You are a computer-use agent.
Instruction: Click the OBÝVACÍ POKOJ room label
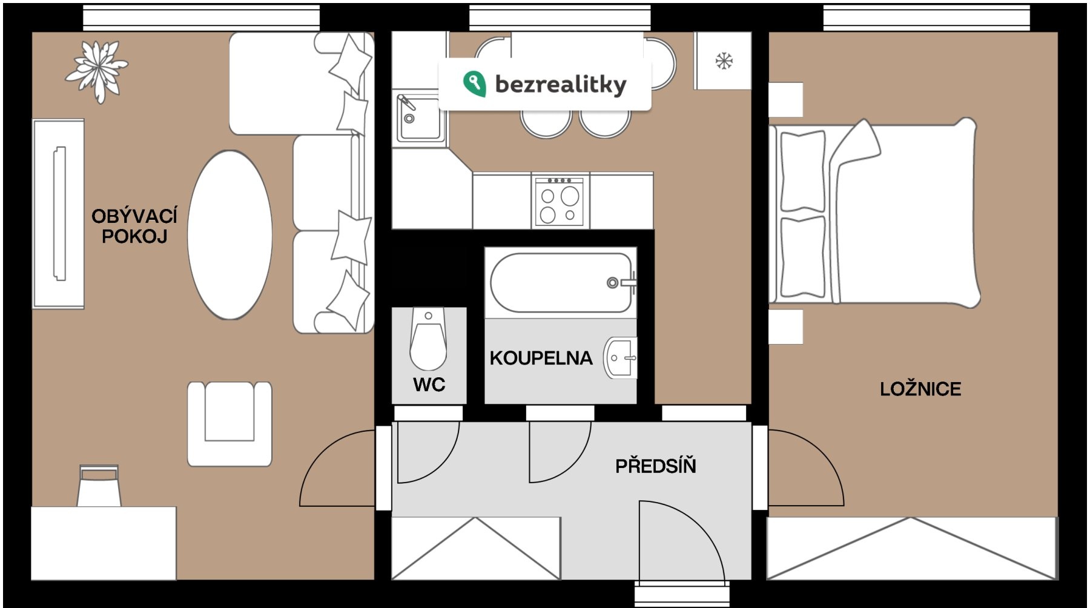(134, 226)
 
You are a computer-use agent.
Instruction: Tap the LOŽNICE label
(920, 389)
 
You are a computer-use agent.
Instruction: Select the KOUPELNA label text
(541, 358)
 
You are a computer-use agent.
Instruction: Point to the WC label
(429, 385)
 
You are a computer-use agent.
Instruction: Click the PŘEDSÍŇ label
(656, 466)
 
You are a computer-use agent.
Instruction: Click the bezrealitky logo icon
(474, 84)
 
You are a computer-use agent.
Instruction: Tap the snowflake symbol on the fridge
(724, 61)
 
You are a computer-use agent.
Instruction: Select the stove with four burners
(560, 201)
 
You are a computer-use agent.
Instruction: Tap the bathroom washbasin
(620, 358)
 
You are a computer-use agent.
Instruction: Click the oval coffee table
(230, 235)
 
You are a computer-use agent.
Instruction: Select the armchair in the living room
(230, 423)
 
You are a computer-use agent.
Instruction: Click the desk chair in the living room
(99, 486)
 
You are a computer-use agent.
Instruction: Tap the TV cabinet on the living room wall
(58, 214)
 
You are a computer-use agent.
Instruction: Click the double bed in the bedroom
(874, 213)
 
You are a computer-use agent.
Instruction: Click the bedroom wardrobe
(913, 548)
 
